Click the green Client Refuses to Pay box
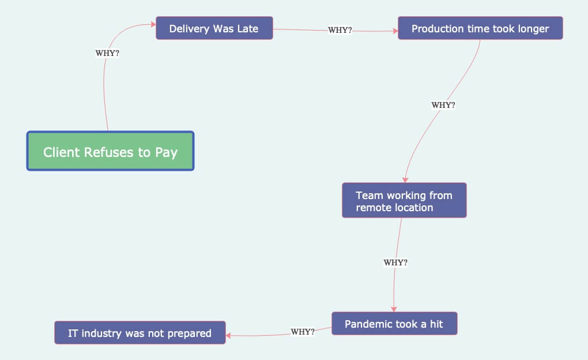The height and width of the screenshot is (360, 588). pyautogui.click(x=110, y=151)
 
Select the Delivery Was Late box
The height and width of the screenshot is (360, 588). pyautogui.click(x=214, y=28)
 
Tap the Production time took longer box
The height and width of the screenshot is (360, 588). pyautogui.click(x=480, y=28)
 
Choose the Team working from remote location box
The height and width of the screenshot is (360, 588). pyautogui.click(x=404, y=201)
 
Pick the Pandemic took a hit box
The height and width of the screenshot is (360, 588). pyautogui.click(x=394, y=324)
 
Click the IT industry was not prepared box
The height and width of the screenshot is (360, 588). pyautogui.click(x=140, y=333)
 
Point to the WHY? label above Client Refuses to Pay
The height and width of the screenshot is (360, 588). pyautogui.click(x=107, y=53)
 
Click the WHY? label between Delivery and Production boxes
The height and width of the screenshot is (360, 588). pyautogui.click(x=340, y=30)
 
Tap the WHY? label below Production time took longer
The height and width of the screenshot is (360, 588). pyautogui.click(x=443, y=105)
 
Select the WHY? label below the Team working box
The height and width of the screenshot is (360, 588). pyautogui.click(x=395, y=262)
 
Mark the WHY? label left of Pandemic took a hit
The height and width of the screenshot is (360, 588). pyautogui.click(x=303, y=332)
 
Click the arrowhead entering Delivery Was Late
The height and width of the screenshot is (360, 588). pyautogui.click(x=153, y=24)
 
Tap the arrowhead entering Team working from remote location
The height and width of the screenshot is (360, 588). pyautogui.click(x=405, y=179)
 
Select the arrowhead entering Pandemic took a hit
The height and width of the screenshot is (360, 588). pyautogui.click(x=394, y=309)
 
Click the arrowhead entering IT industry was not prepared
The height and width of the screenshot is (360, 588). pyautogui.click(x=229, y=335)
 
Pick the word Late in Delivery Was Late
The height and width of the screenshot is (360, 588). pyautogui.click(x=247, y=28)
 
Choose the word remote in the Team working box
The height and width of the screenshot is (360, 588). pyautogui.click(x=374, y=207)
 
